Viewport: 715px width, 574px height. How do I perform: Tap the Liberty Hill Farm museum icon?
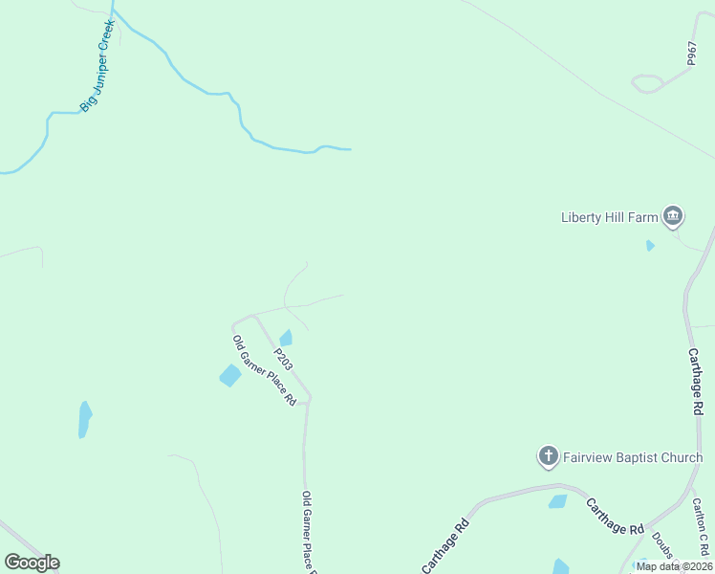pos(673,217)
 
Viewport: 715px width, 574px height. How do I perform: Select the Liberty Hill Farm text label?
pos(609,217)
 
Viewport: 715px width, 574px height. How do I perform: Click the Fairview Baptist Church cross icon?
pos(549,456)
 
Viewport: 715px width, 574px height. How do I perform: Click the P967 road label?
pos(691,54)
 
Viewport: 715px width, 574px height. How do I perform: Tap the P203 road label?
pos(283,360)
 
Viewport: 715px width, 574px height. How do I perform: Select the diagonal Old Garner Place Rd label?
pos(264,370)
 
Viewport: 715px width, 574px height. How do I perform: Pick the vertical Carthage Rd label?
pos(696,381)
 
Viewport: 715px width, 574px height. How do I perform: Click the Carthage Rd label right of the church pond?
pos(615,517)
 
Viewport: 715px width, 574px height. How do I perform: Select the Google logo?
pos(32,563)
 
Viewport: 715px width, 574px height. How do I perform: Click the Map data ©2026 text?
pos(673,565)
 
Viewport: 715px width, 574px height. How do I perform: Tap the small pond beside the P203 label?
pos(286,338)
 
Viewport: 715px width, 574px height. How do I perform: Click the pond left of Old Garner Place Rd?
pos(230,375)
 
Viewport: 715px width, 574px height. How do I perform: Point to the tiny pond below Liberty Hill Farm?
pos(650,246)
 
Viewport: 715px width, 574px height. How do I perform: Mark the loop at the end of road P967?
pos(647,83)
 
